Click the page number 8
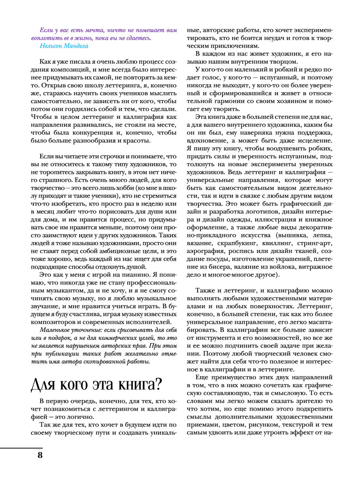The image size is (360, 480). click(x=40, y=455)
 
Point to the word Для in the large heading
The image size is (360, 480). click(x=43, y=385)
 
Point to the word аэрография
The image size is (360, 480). click(x=206, y=251)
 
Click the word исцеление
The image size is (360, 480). click(x=314, y=140)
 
